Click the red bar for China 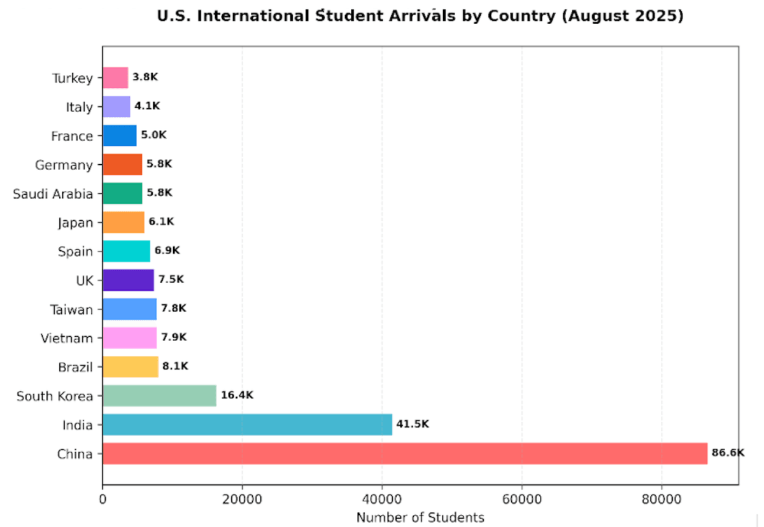click(x=404, y=454)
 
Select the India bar click(x=247, y=425)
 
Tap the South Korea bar click(x=159, y=395)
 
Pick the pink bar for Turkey click(x=115, y=78)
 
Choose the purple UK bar click(x=128, y=280)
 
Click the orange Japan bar click(x=123, y=222)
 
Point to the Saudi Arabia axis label click(x=53, y=193)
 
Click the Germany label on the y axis click(x=64, y=165)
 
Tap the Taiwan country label click(x=71, y=309)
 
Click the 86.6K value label click(x=728, y=453)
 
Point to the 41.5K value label click(x=413, y=424)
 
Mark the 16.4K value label click(x=237, y=395)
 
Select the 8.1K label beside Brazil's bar click(x=175, y=366)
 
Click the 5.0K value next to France click(x=153, y=135)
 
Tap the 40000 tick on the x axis click(x=382, y=500)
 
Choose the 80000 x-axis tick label click(x=661, y=500)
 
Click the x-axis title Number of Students click(x=420, y=517)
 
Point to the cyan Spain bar click(x=126, y=251)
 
